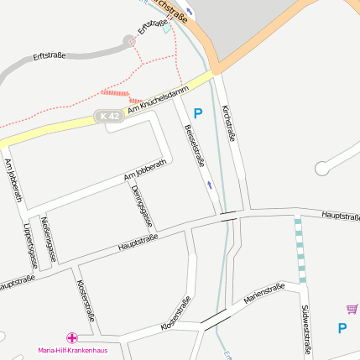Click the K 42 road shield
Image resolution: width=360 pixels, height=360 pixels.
pyautogui.click(x=107, y=115)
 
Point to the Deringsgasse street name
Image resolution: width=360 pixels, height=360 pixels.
pyautogui.click(x=142, y=206)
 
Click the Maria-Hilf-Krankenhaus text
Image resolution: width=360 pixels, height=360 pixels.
pyautogui.click(x=71, y=350)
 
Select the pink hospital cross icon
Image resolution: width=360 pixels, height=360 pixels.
pyautogui.click(x=72, y=337)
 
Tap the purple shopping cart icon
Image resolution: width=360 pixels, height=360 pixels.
pyautogui.click(x=352, y=309)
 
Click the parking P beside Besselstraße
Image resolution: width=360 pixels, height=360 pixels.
pyautogui.click(x=198, y=112)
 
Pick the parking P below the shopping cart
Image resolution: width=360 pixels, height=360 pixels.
pyautogui.click(x=342, y=328)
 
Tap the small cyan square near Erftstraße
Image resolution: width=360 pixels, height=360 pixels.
pyautogui.click(x=166, y=29)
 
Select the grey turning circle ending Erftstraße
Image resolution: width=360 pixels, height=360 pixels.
pyautogui.click(x=129, y=40)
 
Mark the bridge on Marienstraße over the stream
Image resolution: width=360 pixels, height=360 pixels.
pyautogui.click(x=214, y=318)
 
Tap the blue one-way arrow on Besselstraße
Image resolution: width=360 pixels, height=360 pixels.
pyautogui.click(x=209, y=183)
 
